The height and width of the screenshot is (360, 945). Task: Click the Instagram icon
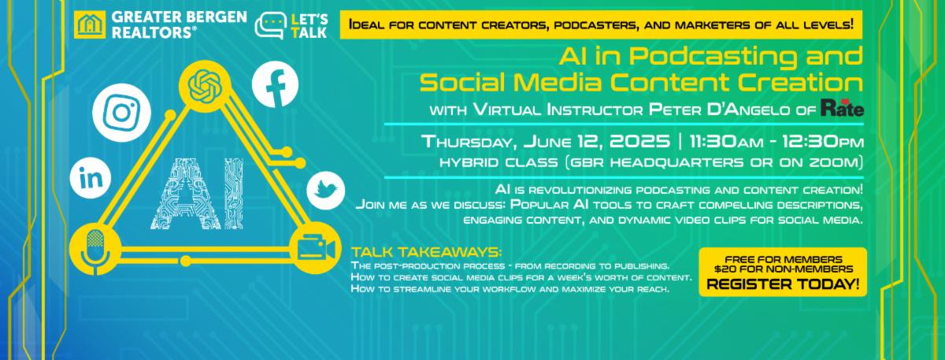pyautogui.click(x=121, y=113)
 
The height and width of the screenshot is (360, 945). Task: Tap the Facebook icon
pyautogui.click(x=275, y=84)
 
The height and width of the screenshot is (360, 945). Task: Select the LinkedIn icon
pyautogui.click(x=91, y=178)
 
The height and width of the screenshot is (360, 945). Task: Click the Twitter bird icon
pyautogui.click(x=325, y=191)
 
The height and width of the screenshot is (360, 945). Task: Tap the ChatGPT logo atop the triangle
pyautogui.click(x=205, y=86)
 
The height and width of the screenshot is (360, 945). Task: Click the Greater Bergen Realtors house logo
pyautogui.click(x=90, y=24)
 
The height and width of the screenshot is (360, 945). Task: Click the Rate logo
pyautogui.click(x=842, y=108)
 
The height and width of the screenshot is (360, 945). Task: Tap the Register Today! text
pyautogui.click(x=783, y=284)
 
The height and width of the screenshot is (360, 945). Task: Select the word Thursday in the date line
pyautogui.click(x=469, y=142)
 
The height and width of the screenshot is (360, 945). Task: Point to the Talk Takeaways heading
pyautogui.click(x=427, y=252)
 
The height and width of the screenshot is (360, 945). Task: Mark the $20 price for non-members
pyautogui.click(x=724, y=269)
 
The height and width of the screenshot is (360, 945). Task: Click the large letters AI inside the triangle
pyautogui.click(x=197, y=194)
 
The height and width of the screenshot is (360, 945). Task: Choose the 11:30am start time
pyautogui.click(x=726, y=142)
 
